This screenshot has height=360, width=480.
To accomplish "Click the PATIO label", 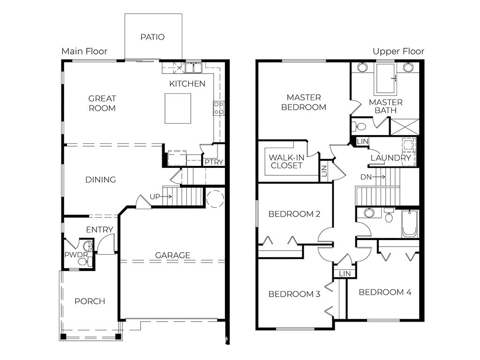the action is coord(152,37).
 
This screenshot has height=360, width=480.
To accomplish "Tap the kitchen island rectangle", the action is coord(178,108).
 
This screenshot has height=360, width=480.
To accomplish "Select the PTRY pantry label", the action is coord(214,162).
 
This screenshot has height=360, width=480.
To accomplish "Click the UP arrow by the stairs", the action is coord(167,196).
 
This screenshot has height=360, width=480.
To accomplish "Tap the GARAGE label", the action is coord(172,255).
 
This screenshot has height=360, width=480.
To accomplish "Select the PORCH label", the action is coord(90,301).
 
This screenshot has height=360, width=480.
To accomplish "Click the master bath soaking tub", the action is coord(385,78).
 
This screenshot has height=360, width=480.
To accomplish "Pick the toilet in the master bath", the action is coord(360,126).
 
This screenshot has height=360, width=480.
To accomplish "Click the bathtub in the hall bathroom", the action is coord(410,224).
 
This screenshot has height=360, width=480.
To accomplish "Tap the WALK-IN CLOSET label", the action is coord(286,161).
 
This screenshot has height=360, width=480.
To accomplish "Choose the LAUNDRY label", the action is coord(390,158).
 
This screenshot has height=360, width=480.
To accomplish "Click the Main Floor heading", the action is coord(84,51).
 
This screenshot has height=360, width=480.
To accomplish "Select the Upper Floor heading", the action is coord(398,52).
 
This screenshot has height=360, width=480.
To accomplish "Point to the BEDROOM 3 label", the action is coord(294,294).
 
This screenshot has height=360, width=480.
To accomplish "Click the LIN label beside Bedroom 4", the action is coord(345,274).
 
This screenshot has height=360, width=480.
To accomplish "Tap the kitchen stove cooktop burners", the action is coord(219,108).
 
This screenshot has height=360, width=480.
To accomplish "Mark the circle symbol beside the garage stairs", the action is coord(215,199).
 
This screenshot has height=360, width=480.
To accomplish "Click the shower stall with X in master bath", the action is coord(405,127).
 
